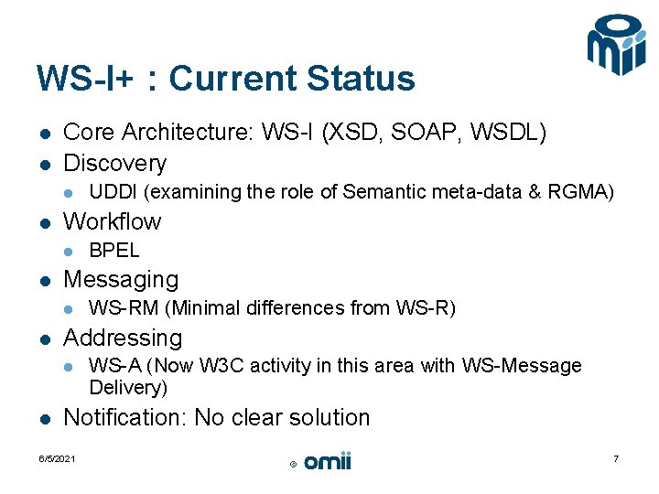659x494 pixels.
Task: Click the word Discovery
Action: [x=114, y=164]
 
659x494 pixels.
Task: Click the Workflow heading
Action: [x=112, y=221]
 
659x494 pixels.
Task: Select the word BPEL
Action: [x=114, y=251]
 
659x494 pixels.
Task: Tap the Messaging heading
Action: [x=121, y=279]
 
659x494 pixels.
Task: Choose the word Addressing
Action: [x=123, y=338]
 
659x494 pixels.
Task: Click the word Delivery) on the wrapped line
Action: [x=128, y=388]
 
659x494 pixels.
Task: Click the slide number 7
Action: [x=616, y=458]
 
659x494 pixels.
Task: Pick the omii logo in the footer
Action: [x=327, y=462]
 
